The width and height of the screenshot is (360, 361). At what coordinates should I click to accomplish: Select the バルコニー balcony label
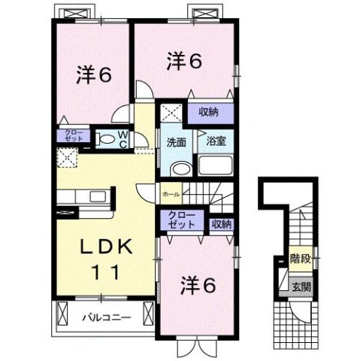click(105, 317)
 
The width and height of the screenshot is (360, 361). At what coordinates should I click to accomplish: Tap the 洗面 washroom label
click(176, 140)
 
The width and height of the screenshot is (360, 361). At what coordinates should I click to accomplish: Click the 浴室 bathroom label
click(207, 140)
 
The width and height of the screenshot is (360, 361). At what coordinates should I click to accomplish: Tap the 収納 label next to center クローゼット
click(220, 223)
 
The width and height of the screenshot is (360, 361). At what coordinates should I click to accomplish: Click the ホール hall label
click(170, 193)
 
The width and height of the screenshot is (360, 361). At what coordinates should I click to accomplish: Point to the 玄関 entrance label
click(301, 286)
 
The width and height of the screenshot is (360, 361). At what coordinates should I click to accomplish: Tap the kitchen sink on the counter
click(97, 197)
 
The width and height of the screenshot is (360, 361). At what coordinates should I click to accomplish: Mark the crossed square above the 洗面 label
click(170, 114)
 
